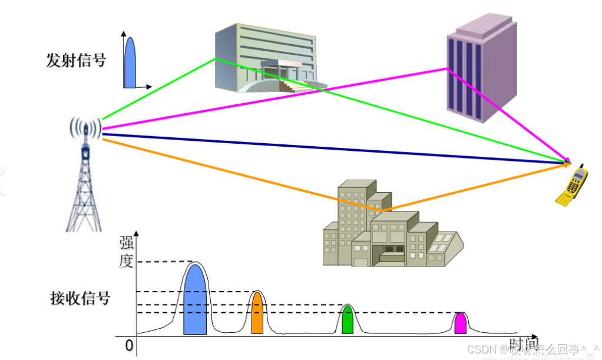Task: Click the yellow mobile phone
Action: point(573,184)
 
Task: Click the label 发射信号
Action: point(76,60)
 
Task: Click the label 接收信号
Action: point(80,298)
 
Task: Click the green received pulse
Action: point(348,321)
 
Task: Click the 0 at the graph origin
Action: point(129,345)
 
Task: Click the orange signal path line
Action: point(236,174)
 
